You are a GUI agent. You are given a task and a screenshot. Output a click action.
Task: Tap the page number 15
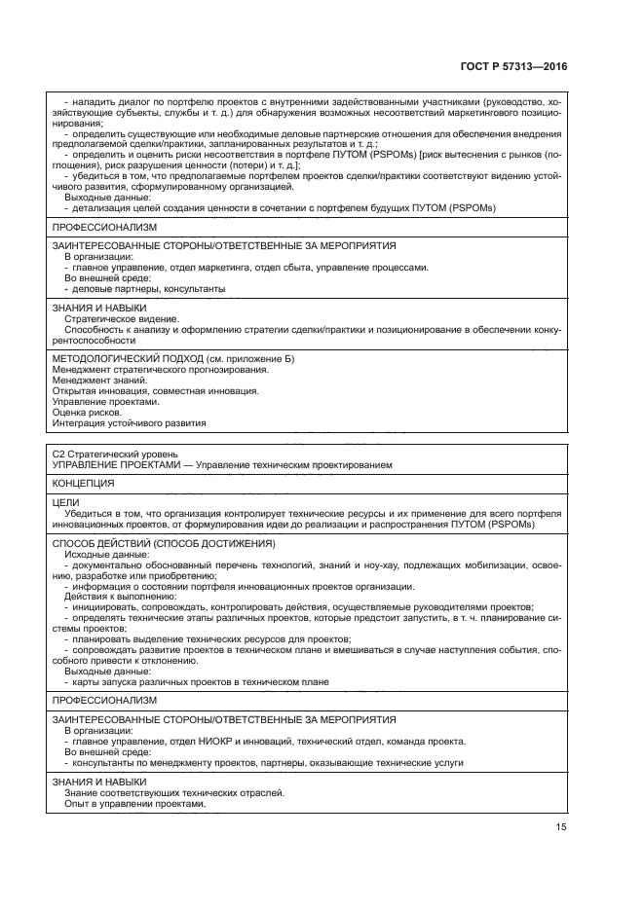pos(561,827)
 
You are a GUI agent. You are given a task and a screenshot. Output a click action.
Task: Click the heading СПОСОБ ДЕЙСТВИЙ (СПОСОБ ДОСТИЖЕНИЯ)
pos(163,543)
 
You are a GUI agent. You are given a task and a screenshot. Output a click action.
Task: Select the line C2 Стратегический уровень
pos(114,454)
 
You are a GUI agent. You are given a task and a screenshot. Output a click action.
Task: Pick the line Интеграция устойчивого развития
pos(129,423)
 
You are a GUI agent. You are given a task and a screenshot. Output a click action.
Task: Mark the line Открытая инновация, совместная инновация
pos(155,391)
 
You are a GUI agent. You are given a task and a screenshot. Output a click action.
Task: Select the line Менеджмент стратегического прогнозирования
pos(160,370)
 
